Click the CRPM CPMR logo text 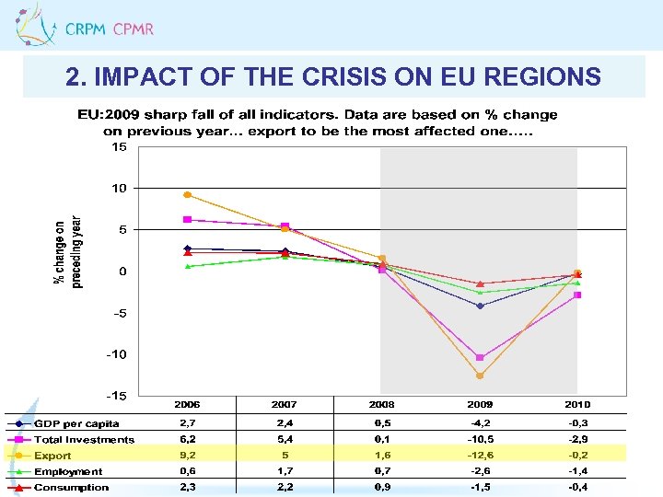coord(109,29)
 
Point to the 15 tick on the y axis coord(120,146)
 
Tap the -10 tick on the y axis coord(117,354)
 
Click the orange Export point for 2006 coord(187,195)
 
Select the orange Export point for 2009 coord(480,376)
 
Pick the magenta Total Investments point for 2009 coord(480,358)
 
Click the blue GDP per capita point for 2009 coord(480,306)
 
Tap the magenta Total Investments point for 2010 coord(577,295)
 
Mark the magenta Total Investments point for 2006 coord(187,220)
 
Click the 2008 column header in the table coord(382,405)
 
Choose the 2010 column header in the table coord(577,405)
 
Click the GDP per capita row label coord(76,423)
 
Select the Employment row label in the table coord(68,471)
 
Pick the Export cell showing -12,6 coord(480,456)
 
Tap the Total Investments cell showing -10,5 coord(480,440)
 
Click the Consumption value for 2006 coord(187,487)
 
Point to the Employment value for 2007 coord(285,471)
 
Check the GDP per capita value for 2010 coord(577,423)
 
